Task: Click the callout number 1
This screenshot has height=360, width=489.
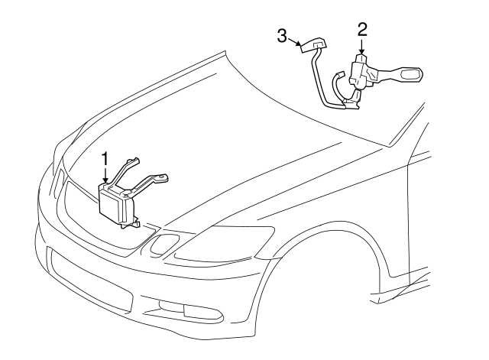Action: (106, 159)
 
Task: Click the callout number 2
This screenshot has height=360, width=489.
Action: (362, 30)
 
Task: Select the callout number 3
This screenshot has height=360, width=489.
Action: (282, 36)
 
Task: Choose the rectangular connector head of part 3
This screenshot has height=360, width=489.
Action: (311, 47)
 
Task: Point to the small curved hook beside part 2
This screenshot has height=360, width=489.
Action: (337, 80)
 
